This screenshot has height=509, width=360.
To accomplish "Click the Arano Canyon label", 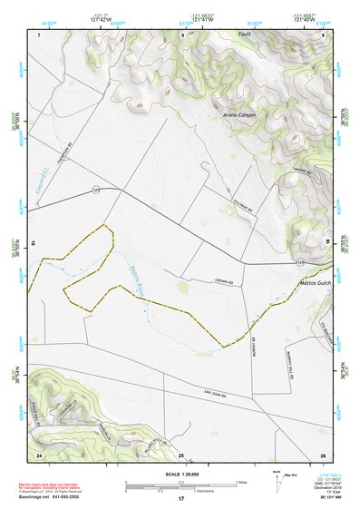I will pos(239,115).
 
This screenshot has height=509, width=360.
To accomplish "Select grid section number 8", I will pos(183,34).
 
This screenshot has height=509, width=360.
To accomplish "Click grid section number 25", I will pos(180,454).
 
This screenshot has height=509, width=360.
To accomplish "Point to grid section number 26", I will pos(322,454).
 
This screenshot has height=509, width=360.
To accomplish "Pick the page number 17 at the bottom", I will pos(181,499).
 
